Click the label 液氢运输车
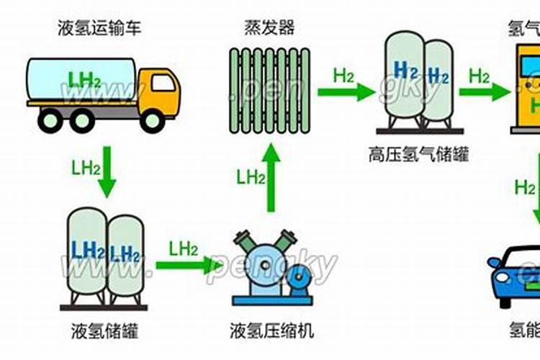tap(100, 29)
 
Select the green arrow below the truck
tap(107, 171)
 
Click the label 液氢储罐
tap(105, 332)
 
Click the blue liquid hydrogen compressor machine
tap(267, 267)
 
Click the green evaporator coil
tap(269, 90)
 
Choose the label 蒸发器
tap(269, 29)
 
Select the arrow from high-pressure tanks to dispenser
tap(485, 91)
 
